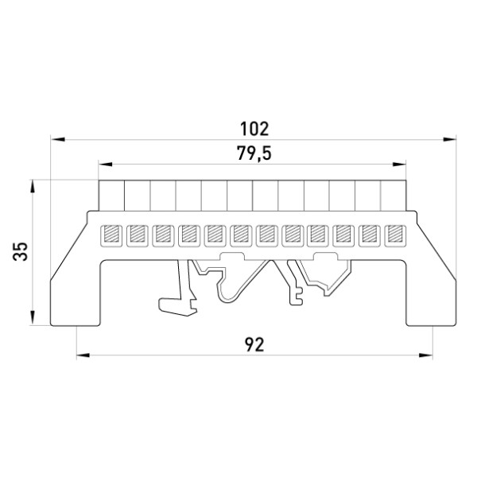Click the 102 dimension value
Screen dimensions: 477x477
254,129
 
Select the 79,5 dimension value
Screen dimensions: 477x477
254,153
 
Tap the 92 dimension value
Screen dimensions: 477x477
254,345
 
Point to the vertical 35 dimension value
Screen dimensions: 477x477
21,251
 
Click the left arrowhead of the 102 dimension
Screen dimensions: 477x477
58,139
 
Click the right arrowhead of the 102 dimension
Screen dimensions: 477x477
449,139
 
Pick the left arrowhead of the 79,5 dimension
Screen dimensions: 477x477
106,165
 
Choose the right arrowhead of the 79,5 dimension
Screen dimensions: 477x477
399,165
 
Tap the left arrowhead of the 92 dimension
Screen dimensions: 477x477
83,355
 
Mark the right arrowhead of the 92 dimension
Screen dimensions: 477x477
425,355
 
